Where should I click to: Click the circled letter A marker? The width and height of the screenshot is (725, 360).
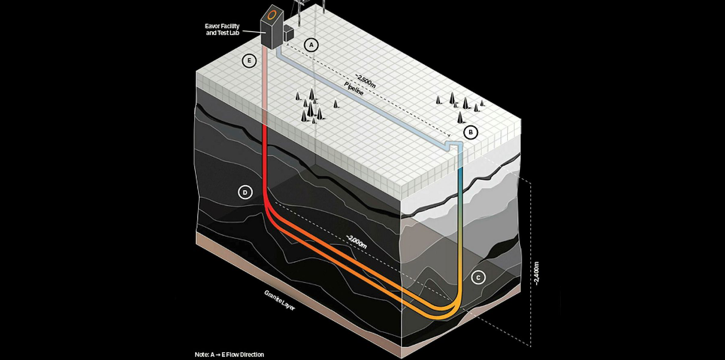coord(311,45)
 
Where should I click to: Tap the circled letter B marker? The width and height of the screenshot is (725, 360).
coord(471,132)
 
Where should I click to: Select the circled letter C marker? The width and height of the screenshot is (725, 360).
coord(478,278)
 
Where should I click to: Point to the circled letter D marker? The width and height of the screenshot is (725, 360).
coord(245,192)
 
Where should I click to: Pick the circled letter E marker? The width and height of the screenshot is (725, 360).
coord(249,61)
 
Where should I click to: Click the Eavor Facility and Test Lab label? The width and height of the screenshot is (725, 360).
coord(222,30)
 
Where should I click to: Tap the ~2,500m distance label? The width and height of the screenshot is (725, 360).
coord(365,81)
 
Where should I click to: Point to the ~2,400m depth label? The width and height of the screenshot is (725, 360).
coord(536,273)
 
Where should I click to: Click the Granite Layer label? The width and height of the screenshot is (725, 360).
coord(279,301)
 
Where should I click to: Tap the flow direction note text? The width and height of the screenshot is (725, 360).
coord(229,354)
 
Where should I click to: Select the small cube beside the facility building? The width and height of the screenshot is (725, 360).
coord(288,33)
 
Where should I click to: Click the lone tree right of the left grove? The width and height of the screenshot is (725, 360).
coord(335,104)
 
